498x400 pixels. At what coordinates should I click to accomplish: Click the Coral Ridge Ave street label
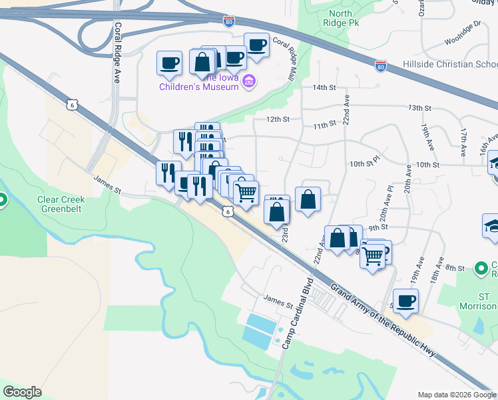coord(117,53)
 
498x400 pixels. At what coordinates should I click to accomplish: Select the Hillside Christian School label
coord(450,65)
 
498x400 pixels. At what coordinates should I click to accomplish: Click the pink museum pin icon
coord(250,82)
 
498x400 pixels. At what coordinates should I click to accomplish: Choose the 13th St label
coord(419,107)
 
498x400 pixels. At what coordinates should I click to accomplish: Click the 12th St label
coord(278,119)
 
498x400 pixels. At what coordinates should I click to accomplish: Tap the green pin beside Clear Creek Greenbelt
coord(3,199)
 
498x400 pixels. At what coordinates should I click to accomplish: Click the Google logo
coord(22,391)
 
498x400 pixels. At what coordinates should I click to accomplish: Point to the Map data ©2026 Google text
coord(457,395)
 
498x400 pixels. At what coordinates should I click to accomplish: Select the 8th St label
coord(455,267)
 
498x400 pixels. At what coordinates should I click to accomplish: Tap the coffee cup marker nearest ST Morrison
coord(406,301)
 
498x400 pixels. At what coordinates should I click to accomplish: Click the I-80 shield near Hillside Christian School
coord(381,67)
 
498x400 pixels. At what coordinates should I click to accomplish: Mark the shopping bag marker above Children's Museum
coord(202,62)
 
